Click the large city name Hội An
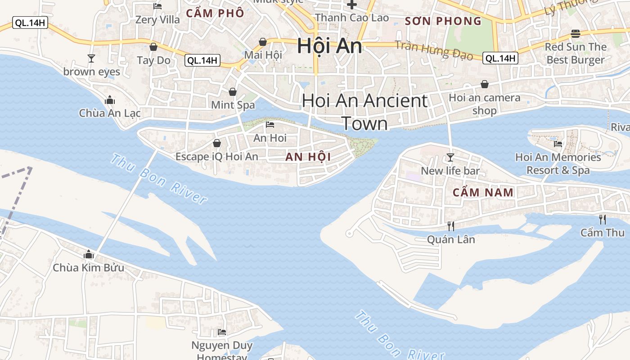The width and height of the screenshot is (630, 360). click(329, 46)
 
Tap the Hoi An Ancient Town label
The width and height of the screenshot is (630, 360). click(364, 112)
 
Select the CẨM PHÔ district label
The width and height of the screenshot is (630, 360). click(215, 13)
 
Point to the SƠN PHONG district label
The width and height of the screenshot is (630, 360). click(443, 21)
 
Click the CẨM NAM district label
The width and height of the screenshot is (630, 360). click(483, 193)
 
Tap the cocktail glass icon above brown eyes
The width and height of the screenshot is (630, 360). click(91, 58)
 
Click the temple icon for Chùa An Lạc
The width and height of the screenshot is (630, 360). click(109, 100)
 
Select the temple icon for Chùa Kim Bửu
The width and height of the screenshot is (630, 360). click(89, 255)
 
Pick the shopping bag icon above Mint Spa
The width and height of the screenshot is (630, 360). click(233, 92)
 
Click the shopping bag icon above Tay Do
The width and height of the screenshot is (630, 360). click(153, 47)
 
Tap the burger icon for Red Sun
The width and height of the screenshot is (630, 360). click(575, 34)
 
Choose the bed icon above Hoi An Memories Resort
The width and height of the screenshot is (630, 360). click(558, 144)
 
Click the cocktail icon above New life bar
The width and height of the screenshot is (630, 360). click(450, 157)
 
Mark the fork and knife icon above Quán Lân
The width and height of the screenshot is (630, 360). click(450, 226)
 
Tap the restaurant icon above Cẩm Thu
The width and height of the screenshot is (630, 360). click(602, 220)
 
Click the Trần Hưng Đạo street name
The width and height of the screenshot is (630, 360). click(434, 50)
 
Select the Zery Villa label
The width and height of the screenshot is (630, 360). click(157, 20)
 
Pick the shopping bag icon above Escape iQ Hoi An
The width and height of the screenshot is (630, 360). click(216, 144)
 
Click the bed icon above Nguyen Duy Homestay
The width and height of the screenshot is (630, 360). click(222, 332)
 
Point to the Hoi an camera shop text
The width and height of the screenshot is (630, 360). click(485, 104)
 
